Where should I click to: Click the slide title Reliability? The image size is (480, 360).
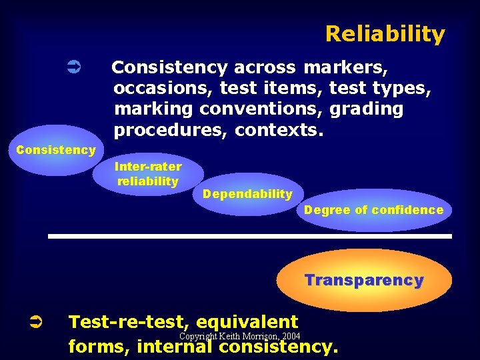tap(385, 34)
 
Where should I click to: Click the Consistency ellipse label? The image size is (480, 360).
tap(55, 150)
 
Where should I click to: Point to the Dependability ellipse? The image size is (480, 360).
tap(247, 194)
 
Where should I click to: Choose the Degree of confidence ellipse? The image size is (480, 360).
tap(373, 210)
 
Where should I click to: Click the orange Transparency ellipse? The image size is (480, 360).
tap(364, 280)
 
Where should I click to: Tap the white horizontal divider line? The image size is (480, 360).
tap(249, 236)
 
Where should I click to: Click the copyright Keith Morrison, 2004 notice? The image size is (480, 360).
tap(239, 336)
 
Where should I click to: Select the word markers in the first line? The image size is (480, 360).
tap(346, 67)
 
